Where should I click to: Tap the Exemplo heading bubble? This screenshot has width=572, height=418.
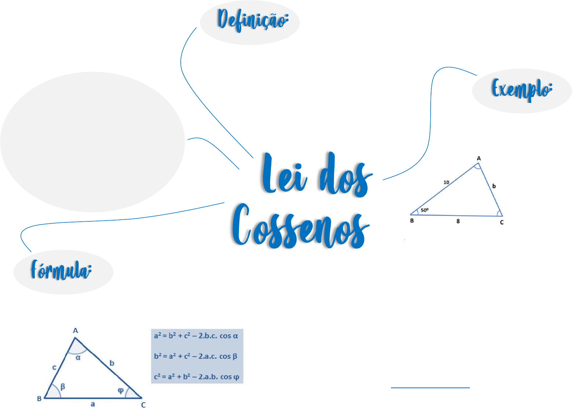coord(522,90)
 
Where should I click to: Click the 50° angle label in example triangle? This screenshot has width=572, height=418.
coord(424,210)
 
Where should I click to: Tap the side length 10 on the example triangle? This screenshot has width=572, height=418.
coord(446,182)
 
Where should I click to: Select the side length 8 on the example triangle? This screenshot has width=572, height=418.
coord(458,221)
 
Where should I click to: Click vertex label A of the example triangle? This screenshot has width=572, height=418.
coord(479,158)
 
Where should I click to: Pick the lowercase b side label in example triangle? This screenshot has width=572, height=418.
coord(494,186)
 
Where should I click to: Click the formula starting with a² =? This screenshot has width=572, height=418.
coord(196,336)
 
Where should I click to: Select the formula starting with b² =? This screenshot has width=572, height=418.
coord(196,356)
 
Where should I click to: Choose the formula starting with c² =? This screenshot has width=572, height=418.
coord(196,377)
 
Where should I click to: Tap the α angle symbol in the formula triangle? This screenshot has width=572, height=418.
coord(78,357)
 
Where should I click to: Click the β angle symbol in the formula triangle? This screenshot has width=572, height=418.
coord(63,386)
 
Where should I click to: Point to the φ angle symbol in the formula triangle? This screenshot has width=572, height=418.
coord(120,390)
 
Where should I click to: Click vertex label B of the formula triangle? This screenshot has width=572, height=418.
coord(39,399)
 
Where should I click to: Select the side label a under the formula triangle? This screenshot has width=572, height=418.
coord(93,404)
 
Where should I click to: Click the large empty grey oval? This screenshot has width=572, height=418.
coord(93,142)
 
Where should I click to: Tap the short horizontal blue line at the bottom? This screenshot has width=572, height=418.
coord(430,387)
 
